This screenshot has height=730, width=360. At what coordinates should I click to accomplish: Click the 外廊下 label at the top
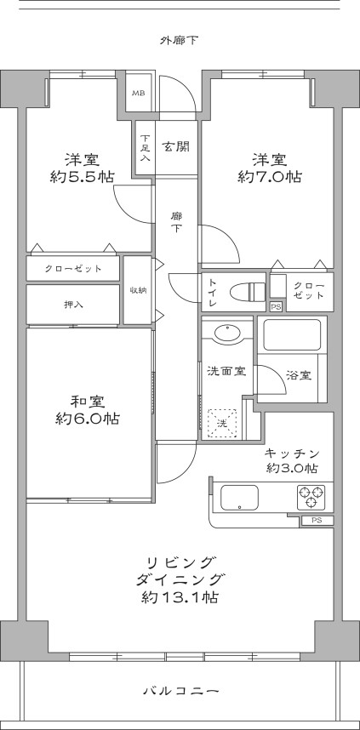pyautogui.click(x=180, y=39)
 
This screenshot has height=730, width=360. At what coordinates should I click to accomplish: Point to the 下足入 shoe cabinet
pyautogui.click(x=146, y=149)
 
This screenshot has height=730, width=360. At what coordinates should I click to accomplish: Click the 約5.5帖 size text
pyautogui.click(x=83, y=178)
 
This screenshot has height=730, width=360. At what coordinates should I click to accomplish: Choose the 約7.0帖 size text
pyautogui.click(x=268, y=178)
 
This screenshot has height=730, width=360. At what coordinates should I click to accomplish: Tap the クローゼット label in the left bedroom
pyautogui.click(x=73, y=269)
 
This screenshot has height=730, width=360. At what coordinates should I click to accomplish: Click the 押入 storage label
pyautogui.click(x=73, y=303)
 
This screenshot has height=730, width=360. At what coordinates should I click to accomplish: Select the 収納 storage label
pyautogui.click(x=138, y=290)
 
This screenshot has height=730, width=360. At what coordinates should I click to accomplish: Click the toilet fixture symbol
pyautogui.click(x=248, y=291)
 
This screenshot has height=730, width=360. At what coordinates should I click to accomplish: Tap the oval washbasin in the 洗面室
pyautogui.click(x=227, y=333)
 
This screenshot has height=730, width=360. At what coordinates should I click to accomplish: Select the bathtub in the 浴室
pyautogui.click(x=292, y=334)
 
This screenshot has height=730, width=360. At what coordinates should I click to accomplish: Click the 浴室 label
pyautogui.click(x=298, y=374)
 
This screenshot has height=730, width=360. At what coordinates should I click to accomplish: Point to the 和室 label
pyautogui.click(x=87, y=400)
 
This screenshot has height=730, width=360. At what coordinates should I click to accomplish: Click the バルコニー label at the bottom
pyautogui.click(x=180, y=692)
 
